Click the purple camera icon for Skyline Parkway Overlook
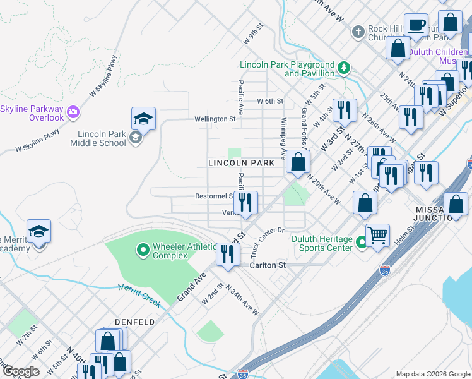tap(73, 112)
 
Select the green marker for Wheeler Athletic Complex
tap(143, 251)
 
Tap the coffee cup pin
tap(416, 26)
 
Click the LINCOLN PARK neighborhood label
tap(242, 163)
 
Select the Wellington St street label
tap(215, 118)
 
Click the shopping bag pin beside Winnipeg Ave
tap(298, 162)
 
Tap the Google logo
tap(21, 371)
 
